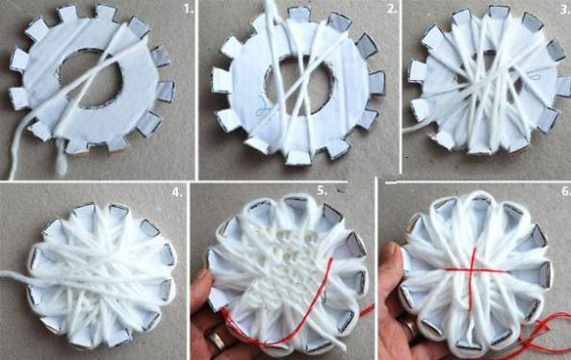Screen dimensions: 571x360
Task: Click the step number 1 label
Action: tap(189, 10)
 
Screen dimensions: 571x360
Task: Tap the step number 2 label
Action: tap(392, 10)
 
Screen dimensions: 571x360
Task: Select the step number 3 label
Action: tap(565, 10)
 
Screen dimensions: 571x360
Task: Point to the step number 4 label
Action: tap(177, 193)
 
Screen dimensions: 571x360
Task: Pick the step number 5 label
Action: tap(322, 191)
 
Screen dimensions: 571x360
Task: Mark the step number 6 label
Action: tap(566, 191)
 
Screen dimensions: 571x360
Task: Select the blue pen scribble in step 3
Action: tap(532, 77)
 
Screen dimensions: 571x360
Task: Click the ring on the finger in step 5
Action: tap(217, 340)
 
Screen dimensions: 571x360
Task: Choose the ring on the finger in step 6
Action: tap(410, 325)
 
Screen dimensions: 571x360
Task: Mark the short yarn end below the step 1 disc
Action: tap(62, 160)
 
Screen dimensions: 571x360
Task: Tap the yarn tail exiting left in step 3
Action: tap(412, 125)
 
